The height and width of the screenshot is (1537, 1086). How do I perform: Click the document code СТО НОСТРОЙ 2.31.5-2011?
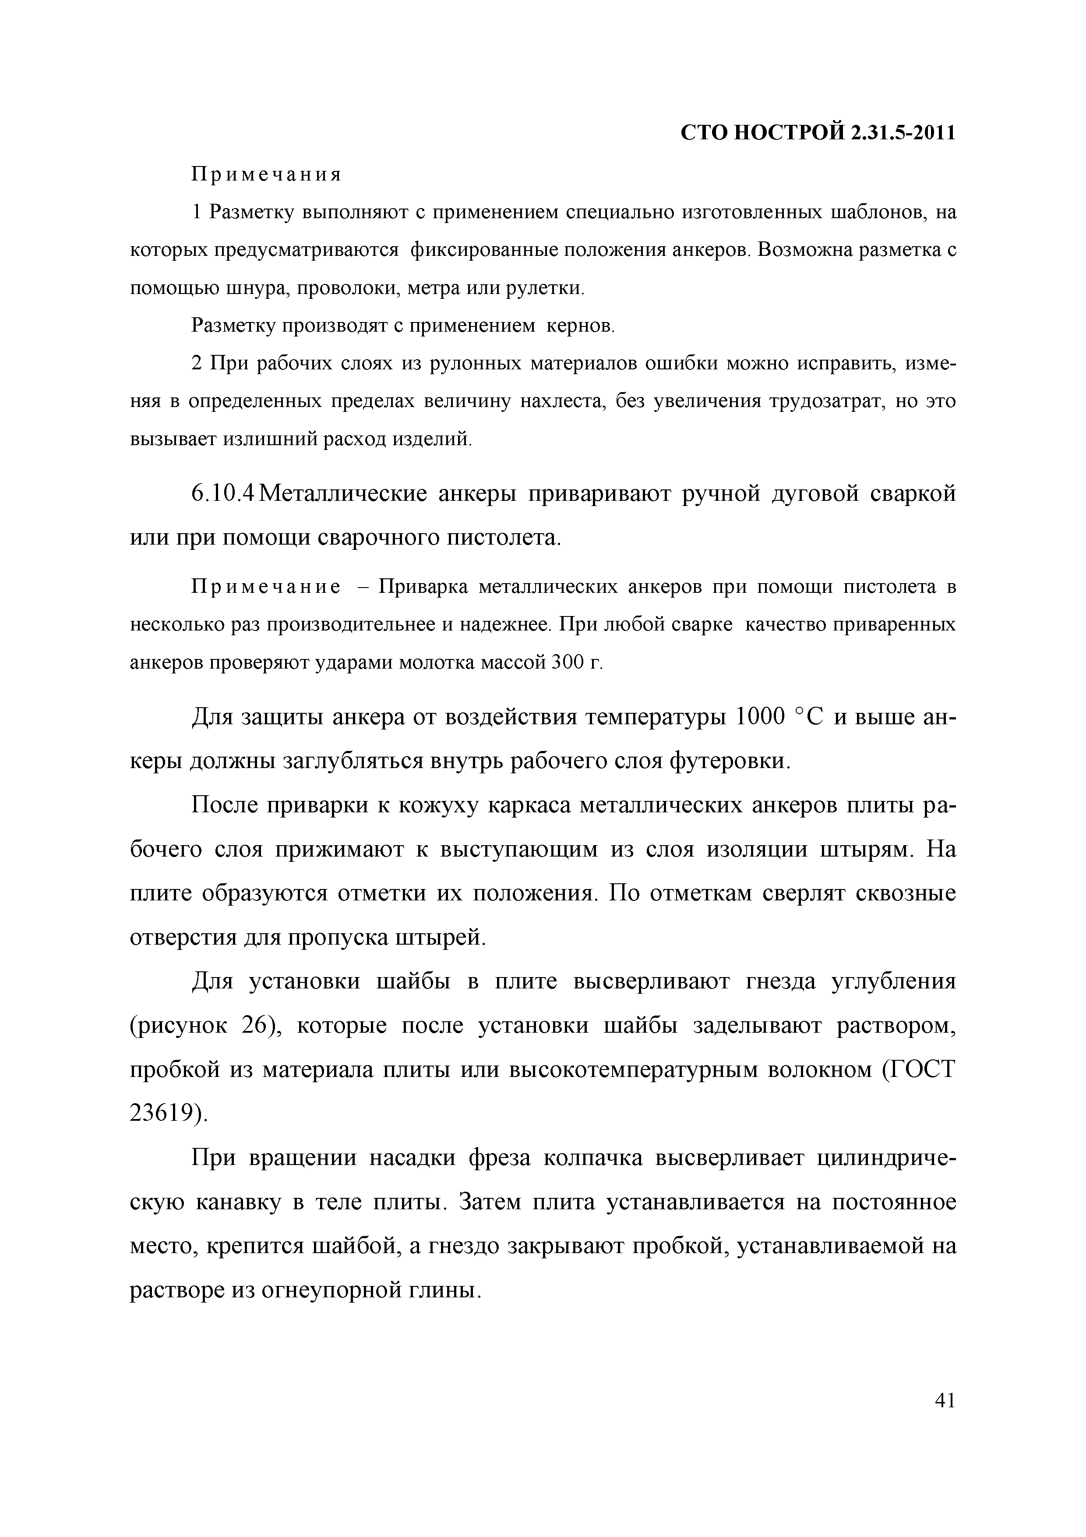point(818,133)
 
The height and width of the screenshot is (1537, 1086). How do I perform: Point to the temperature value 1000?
point(759,717)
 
